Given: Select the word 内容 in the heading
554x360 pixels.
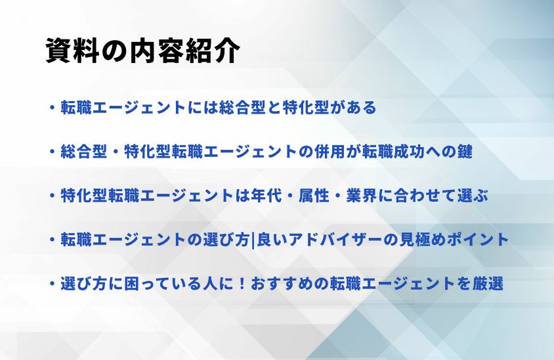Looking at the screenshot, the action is pos(157,51).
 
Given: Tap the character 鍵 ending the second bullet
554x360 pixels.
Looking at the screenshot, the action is pos(465,152).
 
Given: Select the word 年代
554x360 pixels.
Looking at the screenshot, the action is pos(266,196).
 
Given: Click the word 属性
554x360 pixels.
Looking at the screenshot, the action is pos(314,196).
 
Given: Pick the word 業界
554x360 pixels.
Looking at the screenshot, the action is pos(361,196).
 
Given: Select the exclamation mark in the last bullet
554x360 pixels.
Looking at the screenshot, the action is pos(242,284).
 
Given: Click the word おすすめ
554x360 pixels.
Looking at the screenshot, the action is pos(282,284).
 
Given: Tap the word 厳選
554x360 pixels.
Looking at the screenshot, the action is pos(488,284).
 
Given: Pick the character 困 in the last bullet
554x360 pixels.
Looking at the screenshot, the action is pos(132,284).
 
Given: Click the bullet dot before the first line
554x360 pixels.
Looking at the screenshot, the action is pos(53,108).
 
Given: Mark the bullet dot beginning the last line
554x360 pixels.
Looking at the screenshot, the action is pos(53,284).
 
